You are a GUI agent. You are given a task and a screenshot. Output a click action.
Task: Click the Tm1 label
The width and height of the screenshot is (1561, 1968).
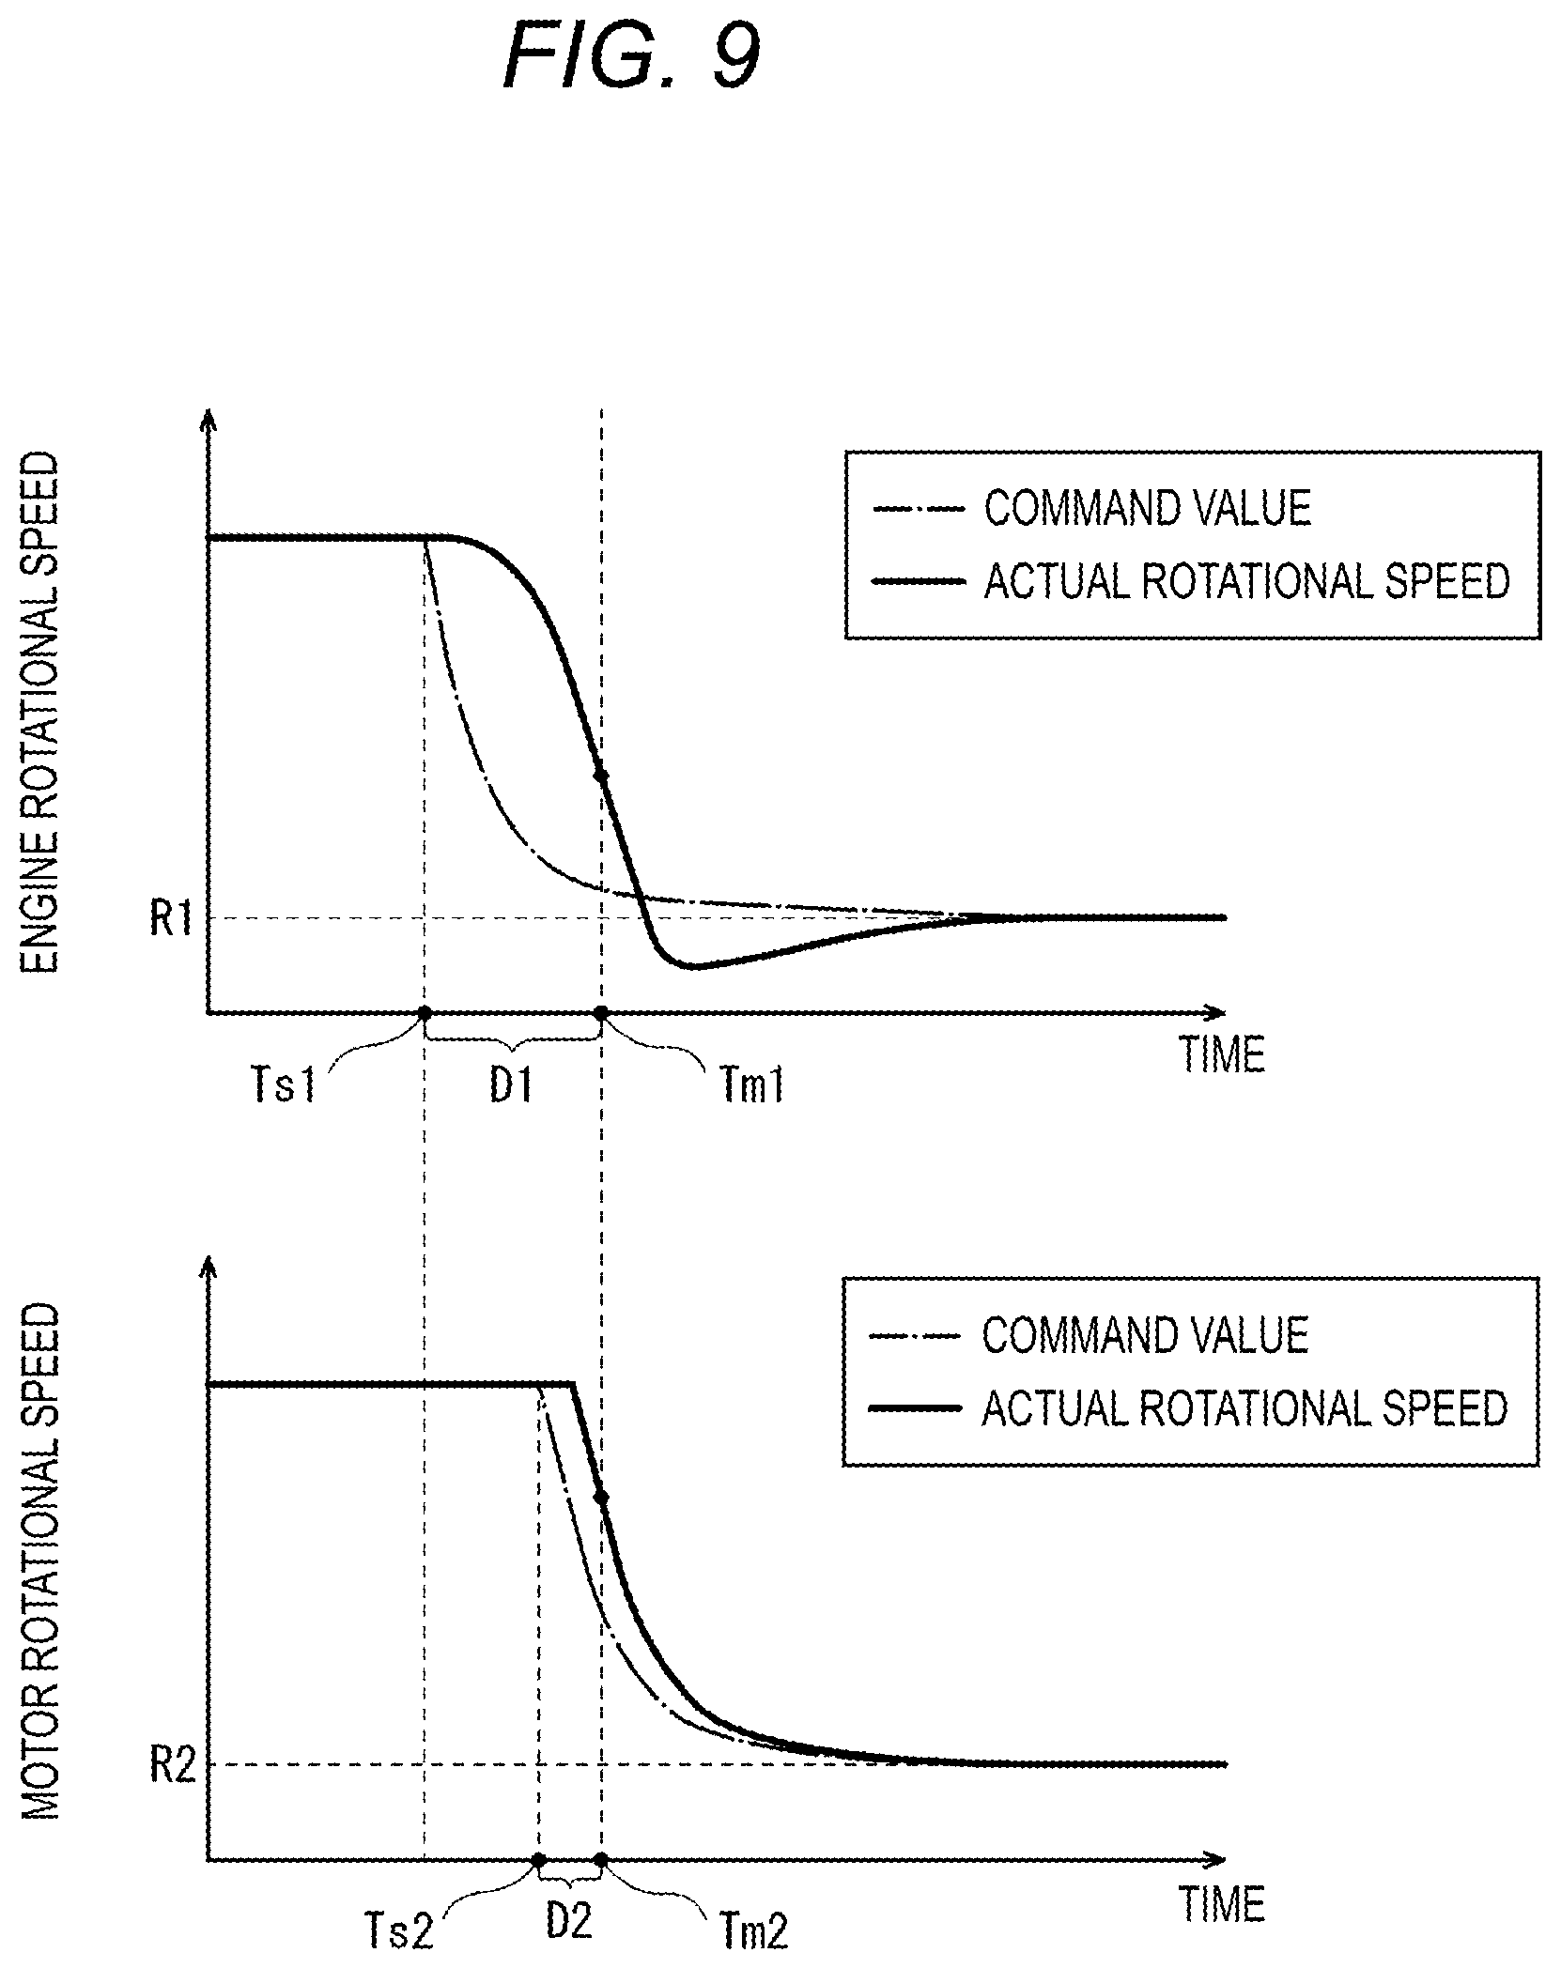pos(751,1088)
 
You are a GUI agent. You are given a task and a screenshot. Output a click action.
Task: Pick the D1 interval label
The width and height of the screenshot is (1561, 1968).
pos(512,1086)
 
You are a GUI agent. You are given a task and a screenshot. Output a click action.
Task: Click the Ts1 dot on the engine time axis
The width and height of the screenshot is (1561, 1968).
pos(425,1013)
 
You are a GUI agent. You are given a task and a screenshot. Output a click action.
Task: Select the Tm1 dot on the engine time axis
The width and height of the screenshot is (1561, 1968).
pos(601,1013)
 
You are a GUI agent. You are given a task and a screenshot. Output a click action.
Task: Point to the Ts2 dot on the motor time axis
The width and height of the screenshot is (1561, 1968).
pos(538,1859)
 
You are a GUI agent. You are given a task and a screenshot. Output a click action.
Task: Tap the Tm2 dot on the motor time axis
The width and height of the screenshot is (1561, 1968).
pos(601,1859)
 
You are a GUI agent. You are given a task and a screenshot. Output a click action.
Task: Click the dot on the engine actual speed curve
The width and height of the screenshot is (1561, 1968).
pos(601,776)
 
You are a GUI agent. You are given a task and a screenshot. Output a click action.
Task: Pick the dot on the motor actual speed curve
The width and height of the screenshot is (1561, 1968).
pos(602,1498)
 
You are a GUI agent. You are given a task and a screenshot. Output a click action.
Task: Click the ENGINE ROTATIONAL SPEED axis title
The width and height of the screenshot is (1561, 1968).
pos(40,714)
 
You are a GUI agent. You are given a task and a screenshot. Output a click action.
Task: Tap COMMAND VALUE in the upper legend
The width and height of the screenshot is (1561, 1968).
pos(1147,508)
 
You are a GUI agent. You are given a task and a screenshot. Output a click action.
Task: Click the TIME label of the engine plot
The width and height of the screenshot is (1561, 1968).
pos(1222,1054)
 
